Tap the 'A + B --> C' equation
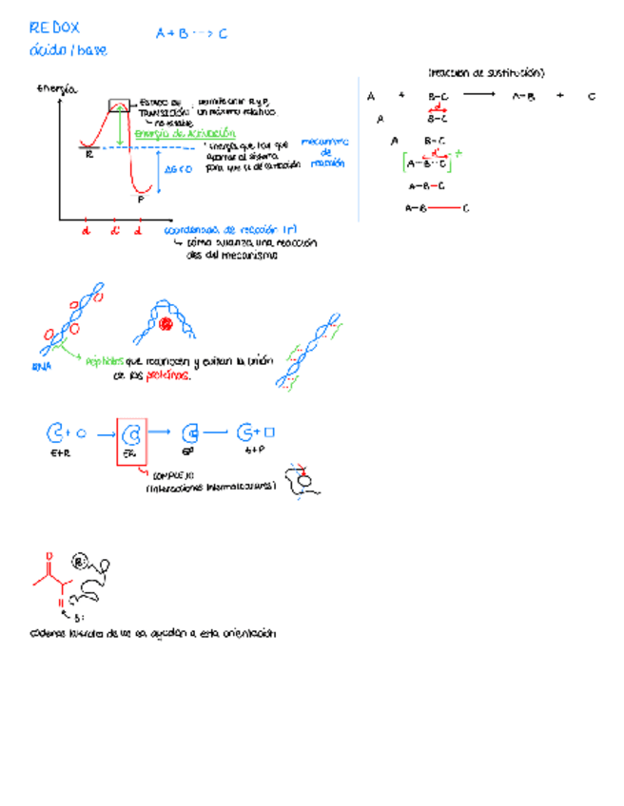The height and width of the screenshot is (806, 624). [191, 34]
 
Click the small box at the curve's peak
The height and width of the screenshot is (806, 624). [120, 104]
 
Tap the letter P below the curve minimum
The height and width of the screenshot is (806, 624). [141, 200]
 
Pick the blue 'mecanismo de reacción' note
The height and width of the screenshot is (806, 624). [325, 152]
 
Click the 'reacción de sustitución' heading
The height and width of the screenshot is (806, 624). [486, 72]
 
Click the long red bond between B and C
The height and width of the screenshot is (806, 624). [443, 208]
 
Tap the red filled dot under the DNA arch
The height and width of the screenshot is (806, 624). [166, 325]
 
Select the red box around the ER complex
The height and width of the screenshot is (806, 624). [132, 440]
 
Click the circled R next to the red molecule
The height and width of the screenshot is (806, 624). [81, 562]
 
